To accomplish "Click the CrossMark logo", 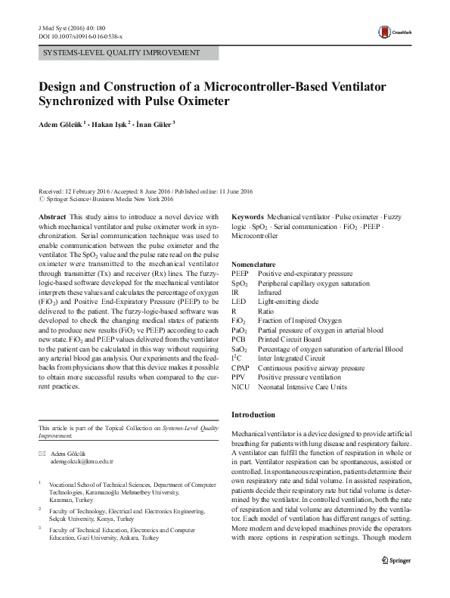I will pos(393,32).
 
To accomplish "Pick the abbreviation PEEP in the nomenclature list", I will pos(240,273).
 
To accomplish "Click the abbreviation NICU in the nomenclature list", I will pos(240,386).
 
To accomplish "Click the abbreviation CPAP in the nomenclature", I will pos(241,367).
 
